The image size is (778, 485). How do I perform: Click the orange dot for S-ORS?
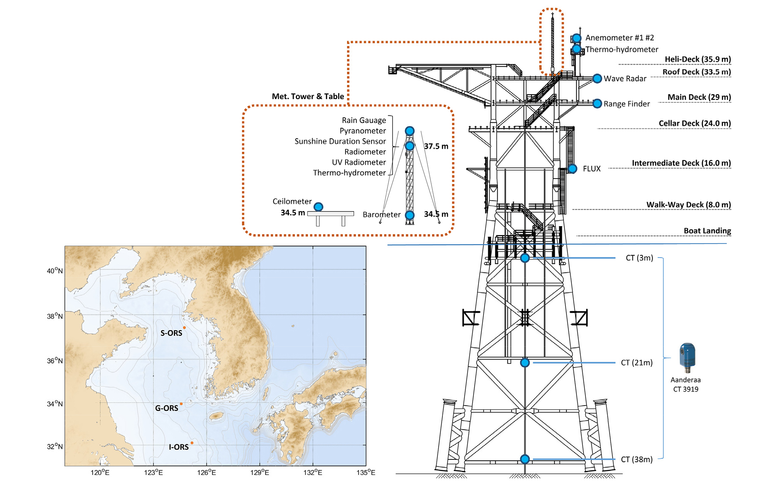tap(184, 328)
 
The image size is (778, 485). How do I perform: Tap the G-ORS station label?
tap(167, 408)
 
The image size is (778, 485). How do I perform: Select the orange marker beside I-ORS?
tap(192, 443)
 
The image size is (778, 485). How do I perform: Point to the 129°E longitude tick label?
tap(259, 472)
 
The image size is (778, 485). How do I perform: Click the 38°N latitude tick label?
tap(55, 316)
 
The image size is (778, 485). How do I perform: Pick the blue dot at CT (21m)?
tap(525, 363)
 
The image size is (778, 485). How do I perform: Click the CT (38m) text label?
tap(637, 459)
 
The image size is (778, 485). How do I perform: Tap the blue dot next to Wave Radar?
tap(597, 79)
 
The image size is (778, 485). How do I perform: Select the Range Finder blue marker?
tap(597, 104)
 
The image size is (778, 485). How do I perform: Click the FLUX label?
tap(592, 169)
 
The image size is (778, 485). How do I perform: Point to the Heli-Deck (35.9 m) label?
tap(698, 59)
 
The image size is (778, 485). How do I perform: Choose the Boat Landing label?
tap(707, 231)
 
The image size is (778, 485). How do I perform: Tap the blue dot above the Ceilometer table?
tap(318, 207)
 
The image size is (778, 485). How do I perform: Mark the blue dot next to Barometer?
tap(410, 215)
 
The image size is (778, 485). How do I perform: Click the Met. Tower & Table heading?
tap(308, 96)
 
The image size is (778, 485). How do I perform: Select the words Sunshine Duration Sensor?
tap(340, 141)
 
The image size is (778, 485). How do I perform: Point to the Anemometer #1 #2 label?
tap(620, 38)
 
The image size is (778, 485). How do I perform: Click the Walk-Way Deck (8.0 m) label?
tap(688, 205)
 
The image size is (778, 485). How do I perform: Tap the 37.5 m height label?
tap(436, 146)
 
